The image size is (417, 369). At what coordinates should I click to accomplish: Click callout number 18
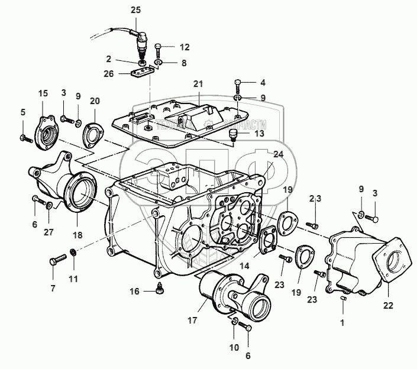77,235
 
